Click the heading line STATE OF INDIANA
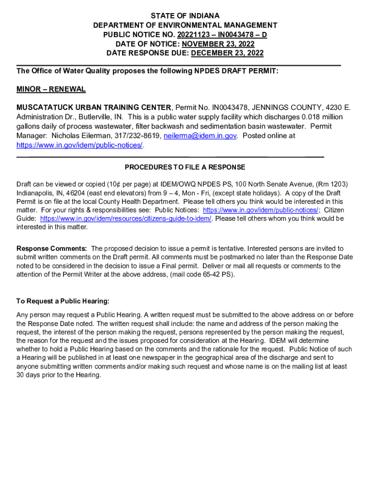[185, 16]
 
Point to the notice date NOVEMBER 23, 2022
[218, 44]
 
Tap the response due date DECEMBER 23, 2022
[227, 53]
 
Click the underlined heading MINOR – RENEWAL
[51, 89]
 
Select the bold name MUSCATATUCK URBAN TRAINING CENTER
[94, 107]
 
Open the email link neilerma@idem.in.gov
[200, 136]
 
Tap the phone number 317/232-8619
[138, 136]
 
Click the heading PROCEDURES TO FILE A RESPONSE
[185, 167]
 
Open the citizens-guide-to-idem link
[126, 218]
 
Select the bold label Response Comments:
[52, 248]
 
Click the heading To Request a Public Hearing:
[62, 301]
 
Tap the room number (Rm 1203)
[331, 184]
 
